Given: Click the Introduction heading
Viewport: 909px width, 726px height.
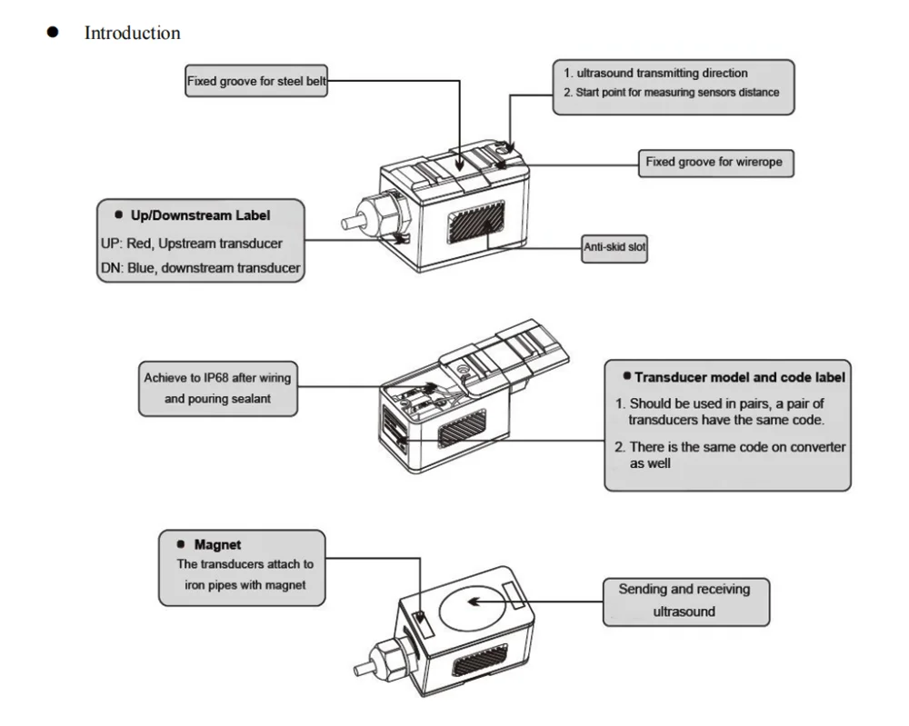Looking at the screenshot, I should click(132, 34).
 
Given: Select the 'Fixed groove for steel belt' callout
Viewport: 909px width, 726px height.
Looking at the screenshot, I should click(256, 81).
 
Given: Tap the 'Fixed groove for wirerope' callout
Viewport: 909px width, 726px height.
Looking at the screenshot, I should click(714, 164).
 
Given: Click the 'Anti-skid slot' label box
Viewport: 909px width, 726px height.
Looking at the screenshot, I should click(614, 247).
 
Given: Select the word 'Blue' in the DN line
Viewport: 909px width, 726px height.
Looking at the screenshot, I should click(150, 268).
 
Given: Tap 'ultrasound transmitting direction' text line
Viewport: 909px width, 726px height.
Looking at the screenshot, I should click(654, 74).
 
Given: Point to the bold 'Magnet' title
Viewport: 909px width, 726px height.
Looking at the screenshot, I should click(217, 545).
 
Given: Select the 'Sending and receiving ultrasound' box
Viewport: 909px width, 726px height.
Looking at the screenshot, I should click(684, 601).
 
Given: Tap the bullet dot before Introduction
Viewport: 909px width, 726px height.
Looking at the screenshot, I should click(53, 33).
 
